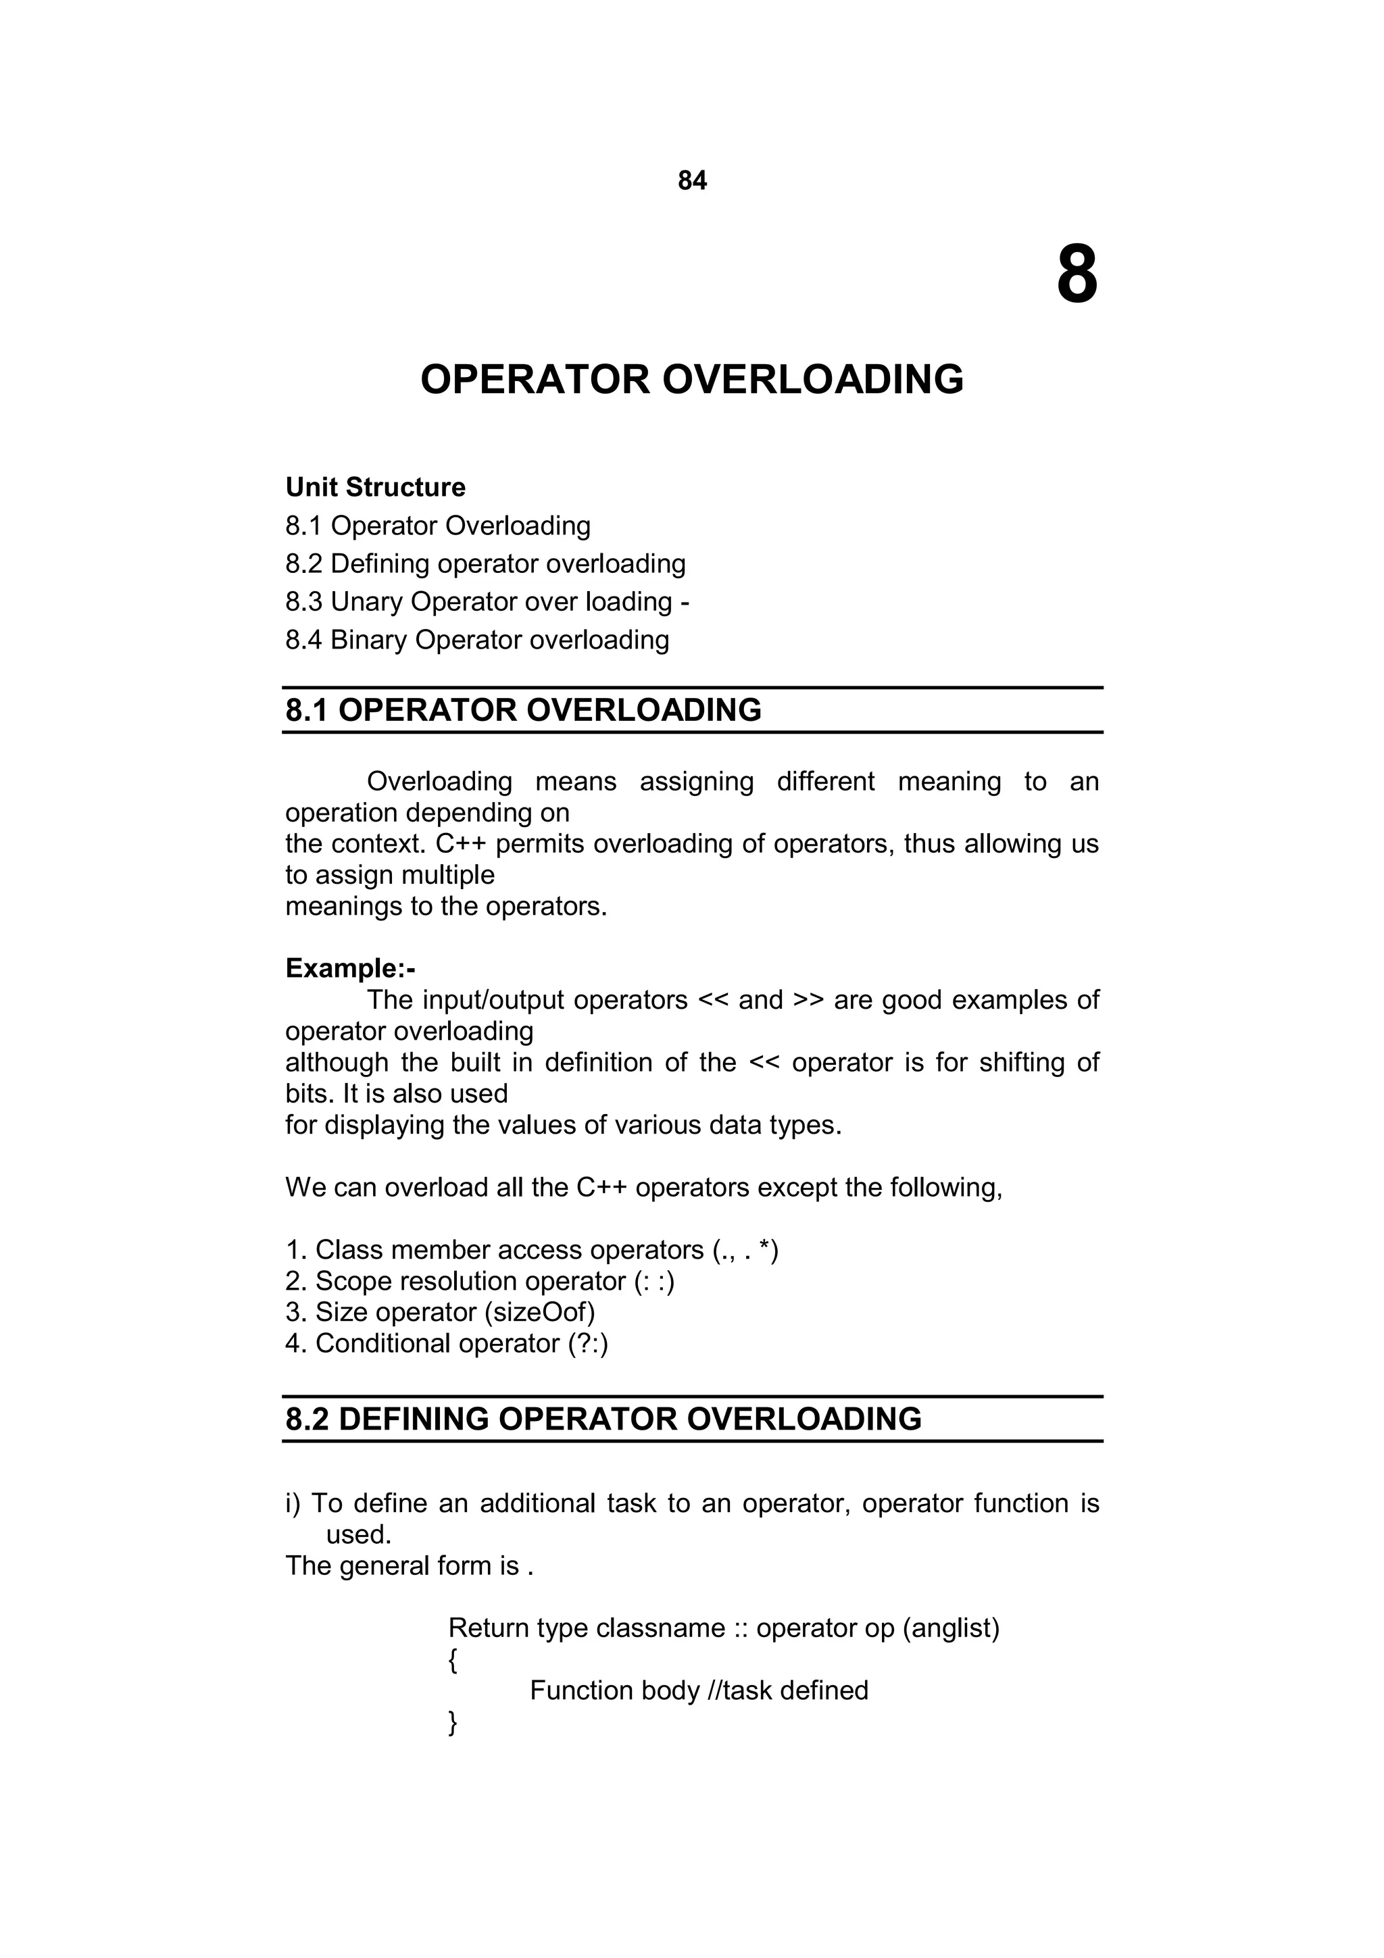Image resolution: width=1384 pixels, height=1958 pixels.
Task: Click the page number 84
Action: click(x=691, y=181)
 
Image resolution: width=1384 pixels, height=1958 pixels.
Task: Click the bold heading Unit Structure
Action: click(x=375, y=487)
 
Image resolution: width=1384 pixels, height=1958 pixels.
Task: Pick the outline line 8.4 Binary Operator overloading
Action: click(x=476, y=640)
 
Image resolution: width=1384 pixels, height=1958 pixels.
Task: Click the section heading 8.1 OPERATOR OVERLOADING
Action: click(x=523, y=709)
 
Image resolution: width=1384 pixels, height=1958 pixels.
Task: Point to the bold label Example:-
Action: click(x=349, y=968)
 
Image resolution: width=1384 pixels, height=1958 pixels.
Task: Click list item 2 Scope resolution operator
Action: click(x=480, y=1281)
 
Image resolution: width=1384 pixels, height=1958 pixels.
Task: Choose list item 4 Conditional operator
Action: click(x=447, y=1343)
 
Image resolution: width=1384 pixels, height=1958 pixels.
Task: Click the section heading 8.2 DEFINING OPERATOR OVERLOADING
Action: click(x=603, y=1418)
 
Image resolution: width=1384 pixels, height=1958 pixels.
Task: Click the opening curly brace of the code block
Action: click(x=452, y=1659)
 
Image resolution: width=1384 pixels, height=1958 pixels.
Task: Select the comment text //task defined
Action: click(x=788, y=1690)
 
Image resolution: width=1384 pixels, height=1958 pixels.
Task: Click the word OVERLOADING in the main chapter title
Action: click(x=812, y=380)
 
